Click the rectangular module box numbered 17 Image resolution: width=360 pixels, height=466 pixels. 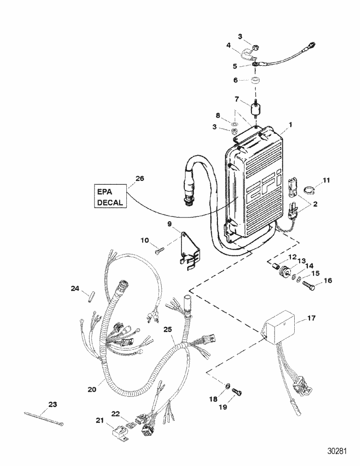281,332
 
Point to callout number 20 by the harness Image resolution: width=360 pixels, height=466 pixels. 92,389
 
